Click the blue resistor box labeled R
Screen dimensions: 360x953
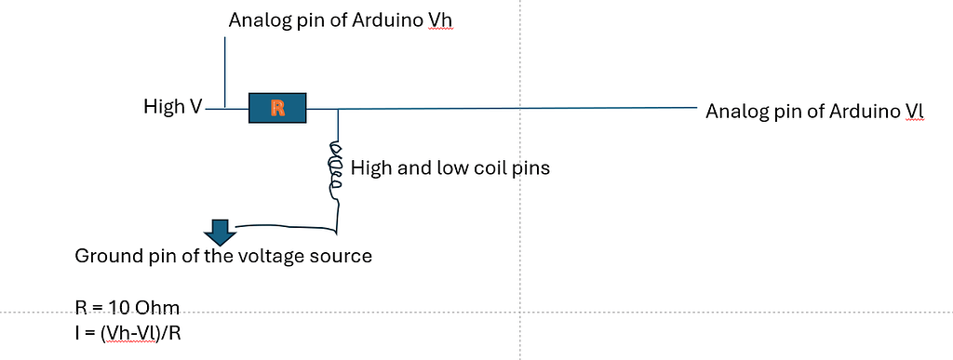(x=277, y=108)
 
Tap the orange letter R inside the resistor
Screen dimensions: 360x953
(x=277, y=108)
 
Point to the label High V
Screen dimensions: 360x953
(x=172, y=108)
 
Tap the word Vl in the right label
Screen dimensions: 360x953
(x=914, y=113)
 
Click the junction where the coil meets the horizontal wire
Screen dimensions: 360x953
(x=337, y=109)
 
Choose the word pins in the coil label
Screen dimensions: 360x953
(x=530, y=168)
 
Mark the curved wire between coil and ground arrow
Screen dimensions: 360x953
(x=289, y=226)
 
